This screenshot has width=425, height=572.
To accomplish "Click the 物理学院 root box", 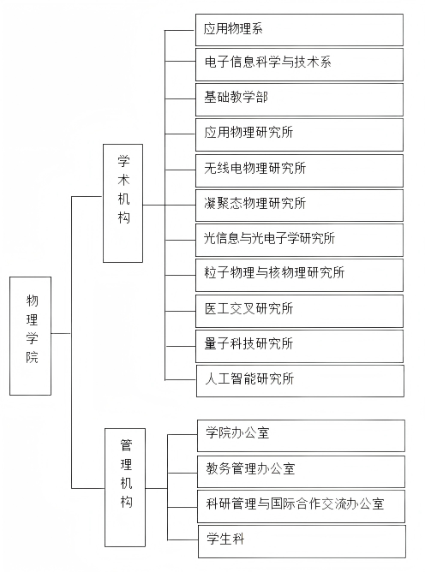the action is pyautogui.click(x=30, y=336).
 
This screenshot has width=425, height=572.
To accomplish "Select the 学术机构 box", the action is pyautogui.click(x=123, y=203).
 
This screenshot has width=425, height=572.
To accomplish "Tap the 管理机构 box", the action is pyautogui.click(x=125, y=487).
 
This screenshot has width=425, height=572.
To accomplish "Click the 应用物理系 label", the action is pyautogui.click(x=233, y=29).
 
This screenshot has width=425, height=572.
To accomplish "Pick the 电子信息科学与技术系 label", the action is pyautogui.click(x=267, y=62).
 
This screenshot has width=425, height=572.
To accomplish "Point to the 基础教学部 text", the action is pyautogui.click(x=236, y=97).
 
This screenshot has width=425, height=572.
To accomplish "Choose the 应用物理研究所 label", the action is pyautogui.click(x=248, y=132).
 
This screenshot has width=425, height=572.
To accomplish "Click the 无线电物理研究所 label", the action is pyautogui.click(x=254, y=168).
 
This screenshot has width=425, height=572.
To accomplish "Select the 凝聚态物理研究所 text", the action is pyautogui.click(x=254, y=203).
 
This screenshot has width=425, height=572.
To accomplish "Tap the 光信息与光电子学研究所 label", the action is pyautogui.click(x=269, y=238).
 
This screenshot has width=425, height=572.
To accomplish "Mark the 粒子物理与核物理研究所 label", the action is pyautogui.click(x=274, y=272).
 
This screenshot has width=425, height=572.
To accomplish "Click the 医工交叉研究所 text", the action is pyautogui.click(x=248, y=308).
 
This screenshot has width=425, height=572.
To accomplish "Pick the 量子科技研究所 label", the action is pyautogui.click(x=248, y=343).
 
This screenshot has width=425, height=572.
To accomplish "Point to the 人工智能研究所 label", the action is pyautogui.click(x=249, y=378).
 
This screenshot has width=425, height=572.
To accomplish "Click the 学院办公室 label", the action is pyautogui.click(x=237, y=432).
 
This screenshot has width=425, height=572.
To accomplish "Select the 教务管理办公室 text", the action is pyautogui.click(x=250, y=468).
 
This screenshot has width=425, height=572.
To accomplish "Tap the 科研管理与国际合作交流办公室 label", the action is pyautogui.click(x=295, y=503).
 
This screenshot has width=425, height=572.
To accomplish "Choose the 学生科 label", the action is pyautogui.click(x=225, y=539).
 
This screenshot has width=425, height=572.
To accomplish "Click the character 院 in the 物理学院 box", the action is pyautogui.click(x=32, y=357).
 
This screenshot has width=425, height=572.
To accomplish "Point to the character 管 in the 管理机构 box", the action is pyautogui.click(x=126, y=445).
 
